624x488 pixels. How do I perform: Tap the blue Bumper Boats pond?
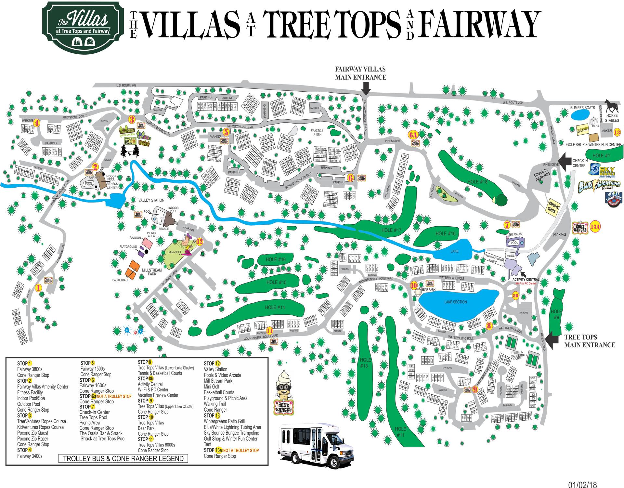coord(580,115)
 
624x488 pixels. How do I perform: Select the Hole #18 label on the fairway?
coord(477,182)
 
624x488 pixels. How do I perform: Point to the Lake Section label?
coord(455,302)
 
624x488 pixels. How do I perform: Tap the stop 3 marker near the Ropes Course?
coord(132,119)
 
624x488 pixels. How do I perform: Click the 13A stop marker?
coord(595,227)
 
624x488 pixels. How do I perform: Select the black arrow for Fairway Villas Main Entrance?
coord(366,87)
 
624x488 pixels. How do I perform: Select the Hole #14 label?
coord(275,307)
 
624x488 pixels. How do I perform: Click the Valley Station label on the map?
coord(151,200)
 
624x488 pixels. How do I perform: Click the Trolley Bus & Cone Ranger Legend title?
coord(123,459)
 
